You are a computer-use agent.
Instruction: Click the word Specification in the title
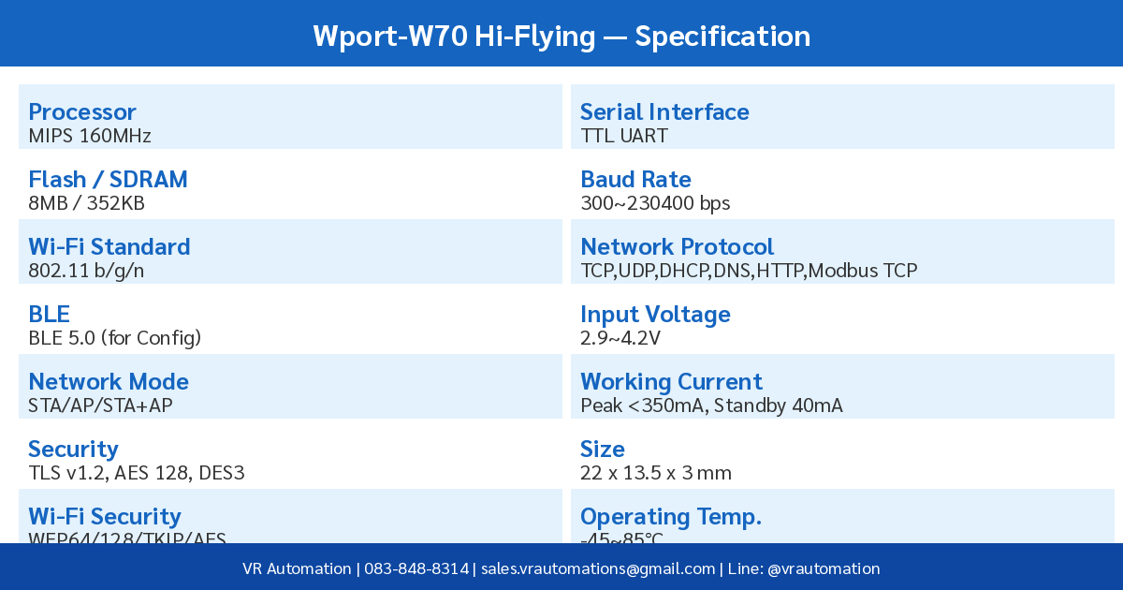(x=722, y=37)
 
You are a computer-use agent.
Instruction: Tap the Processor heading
(x=82, y=112)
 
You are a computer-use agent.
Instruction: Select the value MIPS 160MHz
(x=90, y=136)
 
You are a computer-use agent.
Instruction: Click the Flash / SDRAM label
(x=108, y=180)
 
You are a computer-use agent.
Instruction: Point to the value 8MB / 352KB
(x=87, y=203)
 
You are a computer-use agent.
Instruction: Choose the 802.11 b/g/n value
(x=86, y=271)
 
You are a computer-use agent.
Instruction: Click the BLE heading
(x=50, y=315)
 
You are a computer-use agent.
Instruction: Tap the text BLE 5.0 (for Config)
(x=115, y=338)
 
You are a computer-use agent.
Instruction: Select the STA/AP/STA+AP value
(x=100, y=406)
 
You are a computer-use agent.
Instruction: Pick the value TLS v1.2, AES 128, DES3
(x=137, y=473)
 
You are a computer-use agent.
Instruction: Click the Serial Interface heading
(x=664, y=112)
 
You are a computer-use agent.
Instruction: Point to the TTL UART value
(x=624, y=136)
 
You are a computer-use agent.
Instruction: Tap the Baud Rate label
(x=635, y=180)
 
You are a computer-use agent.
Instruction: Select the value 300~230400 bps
(x=655, y=203)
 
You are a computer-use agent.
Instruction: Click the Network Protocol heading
(x=677, y=247)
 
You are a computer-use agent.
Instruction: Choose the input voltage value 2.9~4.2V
(x=620, y=338)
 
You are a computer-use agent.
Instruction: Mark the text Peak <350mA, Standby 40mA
(x=711, y=406)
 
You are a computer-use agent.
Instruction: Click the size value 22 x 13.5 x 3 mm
(x=656, y=473)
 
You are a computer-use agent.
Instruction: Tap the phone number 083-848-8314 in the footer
(x=416, y=568)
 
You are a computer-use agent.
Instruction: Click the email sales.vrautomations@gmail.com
(x=597, y=568)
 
